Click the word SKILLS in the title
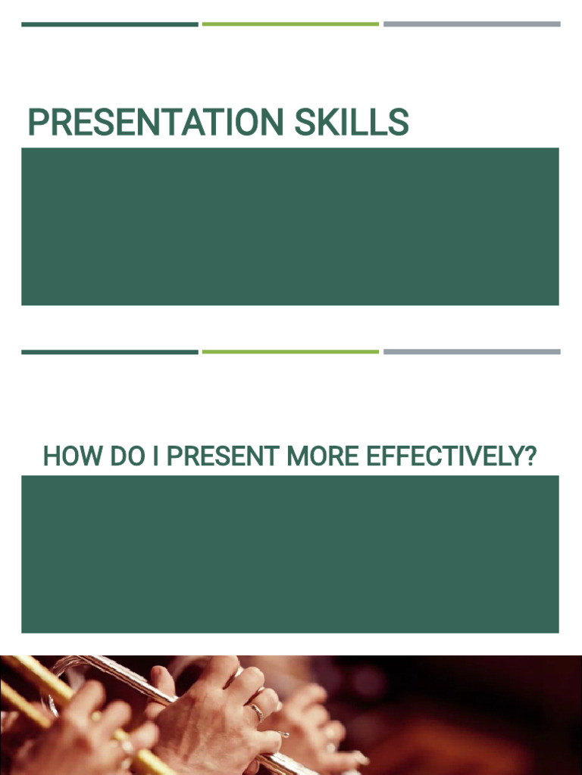click(352, 123)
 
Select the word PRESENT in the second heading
click(223, 456)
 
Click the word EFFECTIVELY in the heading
click(440, 456)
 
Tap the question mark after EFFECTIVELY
click(530, 456)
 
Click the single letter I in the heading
click(155, 456)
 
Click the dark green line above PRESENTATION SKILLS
click(110, 24)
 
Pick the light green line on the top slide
click(290, 24)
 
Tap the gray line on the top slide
click(471, 24)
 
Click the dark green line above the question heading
click(110, 352)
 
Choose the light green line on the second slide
click(290, 352)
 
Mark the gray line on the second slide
click(471, 352)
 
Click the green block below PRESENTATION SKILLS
click(290, 226)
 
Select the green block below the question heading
click(290, 554)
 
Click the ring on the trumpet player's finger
click(258, 711)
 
